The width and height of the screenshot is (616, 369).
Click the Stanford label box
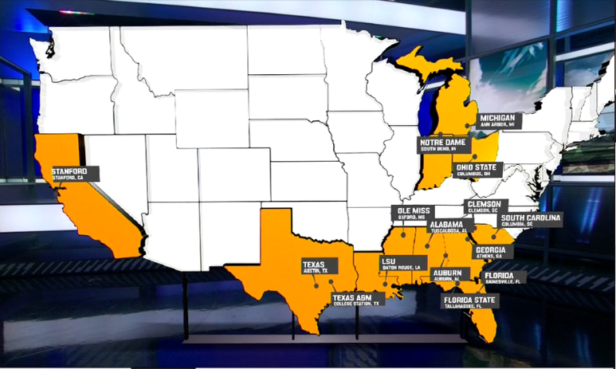75,174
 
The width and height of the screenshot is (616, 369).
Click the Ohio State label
476,170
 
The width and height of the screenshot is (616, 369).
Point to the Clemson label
486,206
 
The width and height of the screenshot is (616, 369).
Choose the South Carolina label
531,220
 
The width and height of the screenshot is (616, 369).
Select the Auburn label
449,276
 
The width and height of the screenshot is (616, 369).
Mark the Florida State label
471,302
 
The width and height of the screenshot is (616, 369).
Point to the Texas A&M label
358,299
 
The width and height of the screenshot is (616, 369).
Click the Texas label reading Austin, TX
315,266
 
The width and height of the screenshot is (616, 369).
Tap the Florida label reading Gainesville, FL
504,277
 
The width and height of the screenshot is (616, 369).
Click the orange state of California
88,207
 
